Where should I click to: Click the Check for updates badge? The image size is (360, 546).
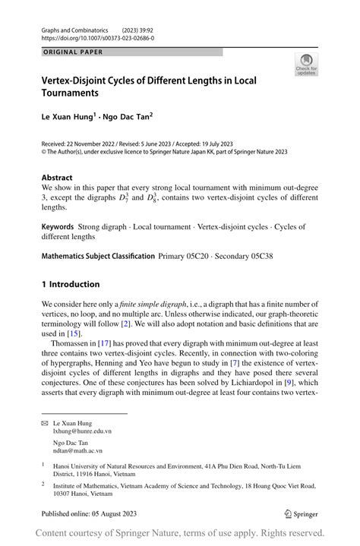305,65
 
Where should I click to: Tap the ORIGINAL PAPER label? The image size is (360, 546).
72,52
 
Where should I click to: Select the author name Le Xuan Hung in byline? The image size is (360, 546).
68,117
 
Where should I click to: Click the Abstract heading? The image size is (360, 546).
57,178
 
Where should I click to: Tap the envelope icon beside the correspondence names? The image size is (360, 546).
45,422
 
